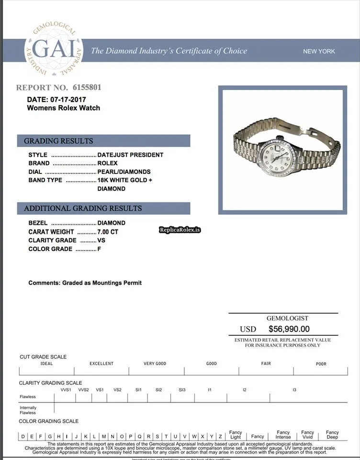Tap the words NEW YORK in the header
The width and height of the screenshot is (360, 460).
point(319,51)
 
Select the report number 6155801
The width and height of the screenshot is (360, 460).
point(87,88)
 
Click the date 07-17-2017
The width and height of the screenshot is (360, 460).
point(67,100)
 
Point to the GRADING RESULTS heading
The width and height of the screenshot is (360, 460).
point(58,141)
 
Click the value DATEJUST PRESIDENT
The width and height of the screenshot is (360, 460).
point(130,155)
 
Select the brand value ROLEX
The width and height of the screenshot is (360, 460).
point(107,163)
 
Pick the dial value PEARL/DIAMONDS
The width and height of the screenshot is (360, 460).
point(124,172)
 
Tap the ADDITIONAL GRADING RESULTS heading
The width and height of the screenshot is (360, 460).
point(83,208)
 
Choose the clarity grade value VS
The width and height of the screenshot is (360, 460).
point(101,240)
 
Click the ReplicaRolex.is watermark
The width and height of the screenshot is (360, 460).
point(180,230)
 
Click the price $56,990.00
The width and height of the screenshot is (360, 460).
point(289,329)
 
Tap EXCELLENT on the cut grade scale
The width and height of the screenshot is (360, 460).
point(101,364)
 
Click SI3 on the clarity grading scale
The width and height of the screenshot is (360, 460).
point(182,390)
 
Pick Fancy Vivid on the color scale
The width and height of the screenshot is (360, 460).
point(307,435)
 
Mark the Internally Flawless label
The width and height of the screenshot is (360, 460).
point(28,410)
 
